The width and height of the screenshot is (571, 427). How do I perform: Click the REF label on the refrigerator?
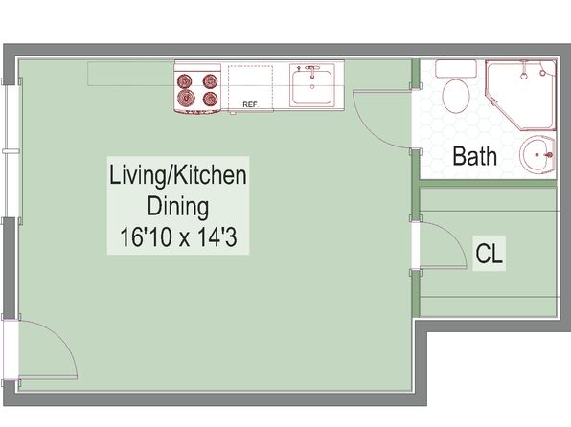(x=250, y=104)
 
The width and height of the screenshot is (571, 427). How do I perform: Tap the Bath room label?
(x=474, y=156)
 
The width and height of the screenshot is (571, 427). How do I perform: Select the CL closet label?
(x=489, y=254)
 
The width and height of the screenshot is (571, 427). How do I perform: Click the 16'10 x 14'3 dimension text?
(x=178, y=237)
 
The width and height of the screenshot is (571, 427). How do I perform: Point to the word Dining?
(x=178, y=207)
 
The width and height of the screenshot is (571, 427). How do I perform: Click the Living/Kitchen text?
(x=178, y=175)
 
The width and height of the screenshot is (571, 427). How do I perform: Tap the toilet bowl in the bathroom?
(x=456, y=96)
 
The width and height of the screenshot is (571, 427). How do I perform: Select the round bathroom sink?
(x=537, y=154)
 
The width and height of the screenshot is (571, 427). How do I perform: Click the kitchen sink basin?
(x=312, y=87)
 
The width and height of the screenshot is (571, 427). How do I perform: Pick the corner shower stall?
(x=521, y=95)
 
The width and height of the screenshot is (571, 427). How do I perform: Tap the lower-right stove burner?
(x=211, y=98)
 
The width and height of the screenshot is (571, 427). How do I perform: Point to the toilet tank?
(x=456, y=68)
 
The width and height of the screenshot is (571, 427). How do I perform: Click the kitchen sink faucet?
(x=311, y=72)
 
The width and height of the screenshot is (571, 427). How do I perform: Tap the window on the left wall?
(x=11, y=150)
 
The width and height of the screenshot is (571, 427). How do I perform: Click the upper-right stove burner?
(x=210, y=80)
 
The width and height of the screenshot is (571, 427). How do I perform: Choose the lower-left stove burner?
(x=186, y=98)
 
